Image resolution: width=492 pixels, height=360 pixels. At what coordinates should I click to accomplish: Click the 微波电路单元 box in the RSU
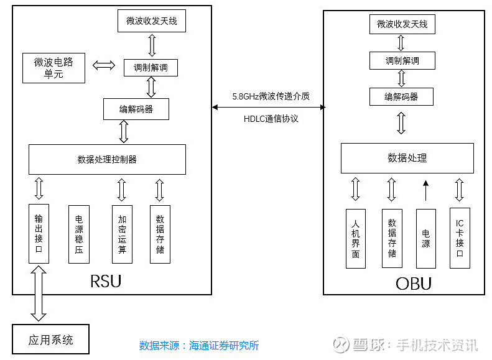coord(53,68)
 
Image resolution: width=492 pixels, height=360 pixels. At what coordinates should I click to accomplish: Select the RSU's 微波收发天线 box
coord(151,21)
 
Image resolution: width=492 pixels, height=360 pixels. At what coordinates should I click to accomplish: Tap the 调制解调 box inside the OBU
coord(402,60)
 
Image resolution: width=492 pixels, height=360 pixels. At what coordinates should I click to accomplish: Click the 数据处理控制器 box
coord(107,159)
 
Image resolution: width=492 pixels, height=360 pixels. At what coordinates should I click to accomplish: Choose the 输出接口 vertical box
coord(39,233)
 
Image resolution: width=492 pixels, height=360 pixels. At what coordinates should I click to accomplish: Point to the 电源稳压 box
coord(78,234)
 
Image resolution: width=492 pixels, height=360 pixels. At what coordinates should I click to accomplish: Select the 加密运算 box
coord(122,234)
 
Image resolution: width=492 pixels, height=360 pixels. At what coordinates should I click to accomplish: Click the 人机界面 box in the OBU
coord(355,238)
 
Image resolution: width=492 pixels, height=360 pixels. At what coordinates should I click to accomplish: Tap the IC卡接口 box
coord(460,238)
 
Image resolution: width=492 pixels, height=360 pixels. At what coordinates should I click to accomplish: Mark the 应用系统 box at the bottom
coord(50,339)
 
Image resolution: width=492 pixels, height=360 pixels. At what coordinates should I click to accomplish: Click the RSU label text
coord(106,281)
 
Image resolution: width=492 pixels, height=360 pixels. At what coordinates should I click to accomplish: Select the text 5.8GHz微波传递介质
coord(271,96)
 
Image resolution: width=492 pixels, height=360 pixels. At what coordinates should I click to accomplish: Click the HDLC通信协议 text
coord(271,118)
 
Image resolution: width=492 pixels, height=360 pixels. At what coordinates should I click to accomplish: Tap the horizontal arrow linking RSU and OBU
coord(268,108)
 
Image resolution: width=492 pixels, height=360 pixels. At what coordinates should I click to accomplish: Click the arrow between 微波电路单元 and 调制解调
coord(104,65)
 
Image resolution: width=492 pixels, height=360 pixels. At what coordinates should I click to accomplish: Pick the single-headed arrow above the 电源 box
coord(426,191)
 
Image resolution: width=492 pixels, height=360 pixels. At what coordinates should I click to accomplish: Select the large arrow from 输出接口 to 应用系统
coord(39,292)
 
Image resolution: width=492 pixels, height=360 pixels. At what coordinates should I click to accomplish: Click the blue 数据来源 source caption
coord(198,346)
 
